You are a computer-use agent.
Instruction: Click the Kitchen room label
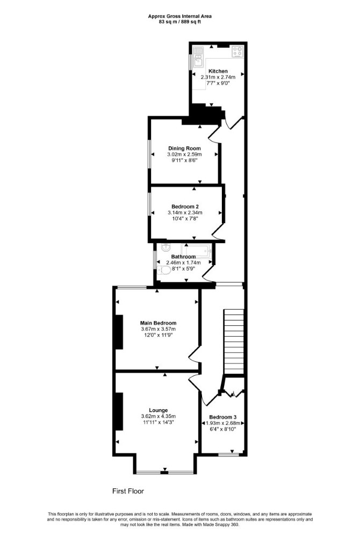[x=218, y=71]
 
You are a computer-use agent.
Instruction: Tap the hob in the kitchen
[x=237, y=52]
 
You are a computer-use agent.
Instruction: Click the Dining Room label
[x=184, y=148]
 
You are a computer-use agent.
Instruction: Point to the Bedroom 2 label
[x=185, y=207]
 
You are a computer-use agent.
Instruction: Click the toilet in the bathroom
[x=164, y=270]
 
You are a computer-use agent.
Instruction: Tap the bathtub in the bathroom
[x=197, y=250]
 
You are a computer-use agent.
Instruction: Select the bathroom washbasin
[x=165, y=247]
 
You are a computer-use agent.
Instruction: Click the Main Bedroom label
[x=158, y=323]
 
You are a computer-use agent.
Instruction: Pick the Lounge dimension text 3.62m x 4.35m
[x=158, y=416]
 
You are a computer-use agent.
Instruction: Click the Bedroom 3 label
[x=223, y=417]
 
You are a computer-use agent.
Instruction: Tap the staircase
[x=234, y=341]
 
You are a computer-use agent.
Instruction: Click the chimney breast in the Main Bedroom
[x=119, y=332]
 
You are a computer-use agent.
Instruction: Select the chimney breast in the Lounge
[x=119, y=411]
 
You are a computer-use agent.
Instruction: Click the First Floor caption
[x=128, y=491]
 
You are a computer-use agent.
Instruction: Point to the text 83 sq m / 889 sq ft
[x=179, y=22]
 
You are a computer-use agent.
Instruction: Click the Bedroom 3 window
[x=228, y=454]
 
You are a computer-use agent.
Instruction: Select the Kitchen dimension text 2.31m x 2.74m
[x=218, y=77]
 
